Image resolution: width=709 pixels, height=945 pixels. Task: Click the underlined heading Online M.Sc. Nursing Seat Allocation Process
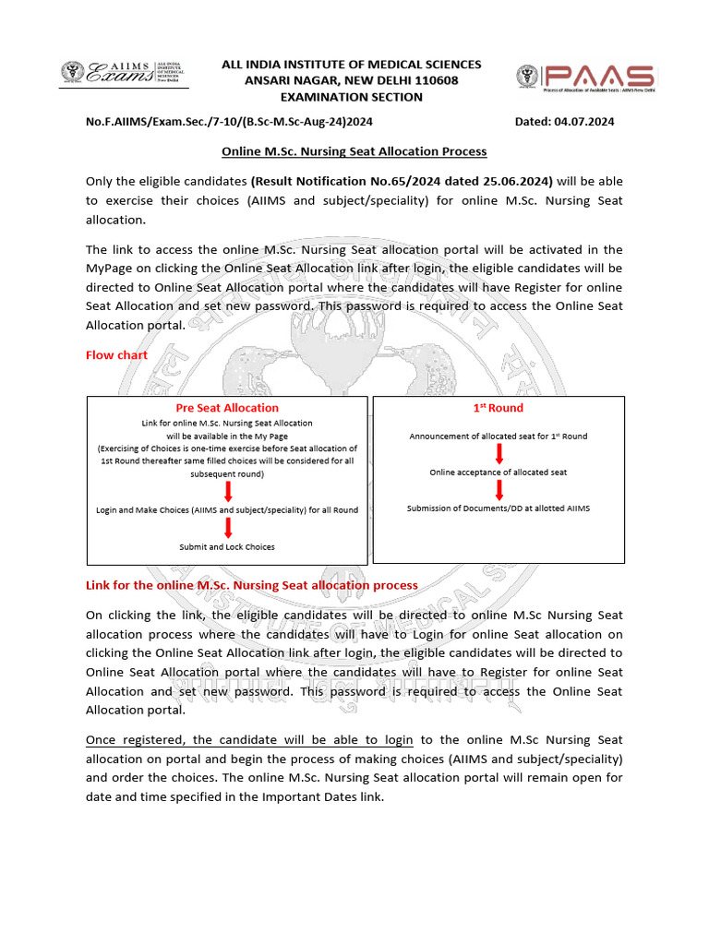click(x=354, y=150)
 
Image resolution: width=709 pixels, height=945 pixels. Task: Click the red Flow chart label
click(x=116, y=355)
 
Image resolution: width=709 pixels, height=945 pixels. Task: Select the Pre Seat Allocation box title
click(x=227, y=407)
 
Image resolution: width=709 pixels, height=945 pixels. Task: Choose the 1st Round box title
click(x=498, y=407)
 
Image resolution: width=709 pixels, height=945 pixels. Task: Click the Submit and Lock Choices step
click(x=227, y=546)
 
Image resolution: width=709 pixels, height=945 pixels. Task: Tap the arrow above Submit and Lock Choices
click(x=227, y=528)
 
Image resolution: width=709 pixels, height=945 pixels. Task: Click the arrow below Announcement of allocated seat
click(x=499, y=454)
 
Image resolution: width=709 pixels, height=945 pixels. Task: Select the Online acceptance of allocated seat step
click(x=499, y=472)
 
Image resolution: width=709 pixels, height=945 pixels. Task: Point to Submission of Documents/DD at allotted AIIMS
click(x=499, y=508)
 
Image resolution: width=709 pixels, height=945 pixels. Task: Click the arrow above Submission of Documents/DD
click(x=499, y=490)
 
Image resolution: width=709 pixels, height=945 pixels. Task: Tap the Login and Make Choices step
click(x=227, y=509)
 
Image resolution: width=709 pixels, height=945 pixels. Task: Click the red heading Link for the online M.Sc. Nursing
click(x=251, y=585)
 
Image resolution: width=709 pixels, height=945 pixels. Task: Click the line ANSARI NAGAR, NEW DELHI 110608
click(x=351, y=80)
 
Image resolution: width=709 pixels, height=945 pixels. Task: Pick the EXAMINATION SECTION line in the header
click(x=351, y=97)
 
